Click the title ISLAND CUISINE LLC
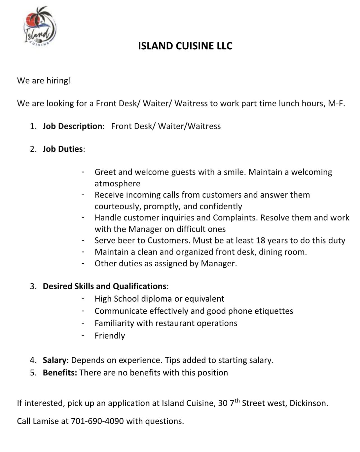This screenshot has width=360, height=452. [185, 46]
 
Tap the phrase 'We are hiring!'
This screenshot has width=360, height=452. [44, 81]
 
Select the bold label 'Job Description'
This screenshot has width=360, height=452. [73, 126]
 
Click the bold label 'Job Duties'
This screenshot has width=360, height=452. [63, 149]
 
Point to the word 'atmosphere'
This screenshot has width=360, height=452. [117, 183]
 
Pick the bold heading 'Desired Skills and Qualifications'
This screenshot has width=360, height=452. [105, 286]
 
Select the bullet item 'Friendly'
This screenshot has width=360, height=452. [110, 336]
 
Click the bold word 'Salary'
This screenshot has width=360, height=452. [54, 360]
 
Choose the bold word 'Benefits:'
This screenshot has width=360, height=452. [60, 373]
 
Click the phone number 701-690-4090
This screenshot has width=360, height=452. [97, 421]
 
